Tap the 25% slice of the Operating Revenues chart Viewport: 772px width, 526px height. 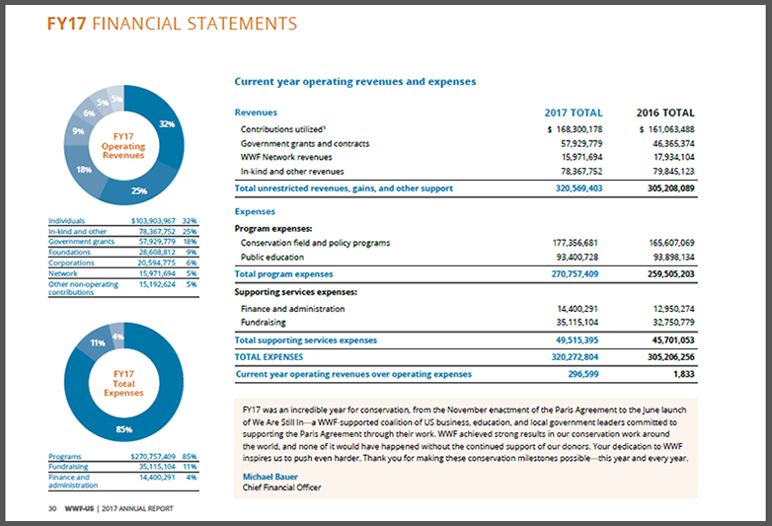[x=139, y=190]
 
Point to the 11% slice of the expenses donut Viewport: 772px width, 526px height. [x=97, y=342]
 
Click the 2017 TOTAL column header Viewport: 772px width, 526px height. [x=574, y=113]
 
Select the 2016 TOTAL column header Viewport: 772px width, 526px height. [x=665, y=113]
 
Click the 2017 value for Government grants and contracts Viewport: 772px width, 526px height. [x=581, y=144]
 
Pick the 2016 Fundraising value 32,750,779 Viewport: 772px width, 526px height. [x=673, y=323]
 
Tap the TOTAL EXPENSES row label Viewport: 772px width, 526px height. [x=269, y=356]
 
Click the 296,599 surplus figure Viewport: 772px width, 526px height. [x=582, y=374]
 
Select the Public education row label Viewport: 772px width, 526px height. [x=272, y=257]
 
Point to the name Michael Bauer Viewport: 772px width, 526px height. [x=270, y=477]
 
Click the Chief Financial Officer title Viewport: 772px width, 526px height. [x=281, y=488]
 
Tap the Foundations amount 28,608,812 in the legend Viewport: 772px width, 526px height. [x=157, y=252]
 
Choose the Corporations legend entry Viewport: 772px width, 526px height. [x=71, y=263]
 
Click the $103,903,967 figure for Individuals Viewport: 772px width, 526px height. [x=153, y=220]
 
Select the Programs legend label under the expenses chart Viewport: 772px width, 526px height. [x=65, y=456]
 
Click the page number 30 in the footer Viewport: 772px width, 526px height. [x=52, y=508]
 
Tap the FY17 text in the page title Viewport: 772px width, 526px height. [x=66, y=24]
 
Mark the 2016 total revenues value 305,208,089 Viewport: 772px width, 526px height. [x=670, y=188]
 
